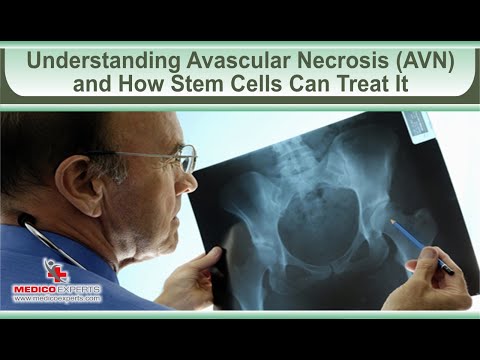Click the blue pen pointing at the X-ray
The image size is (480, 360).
[420, 245]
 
